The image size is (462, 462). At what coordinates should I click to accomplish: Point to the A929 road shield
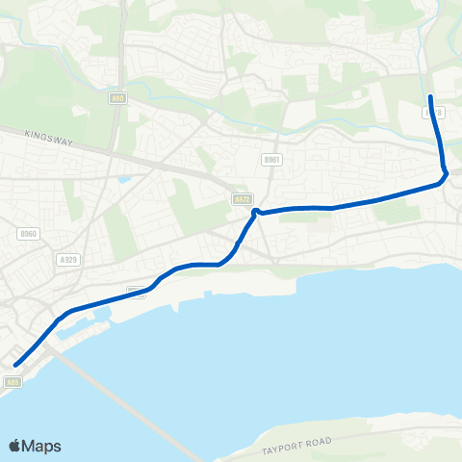(67, 259)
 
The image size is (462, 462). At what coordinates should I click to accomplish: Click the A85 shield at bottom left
(12, 382)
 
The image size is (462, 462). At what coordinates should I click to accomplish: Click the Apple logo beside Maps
(15, 446)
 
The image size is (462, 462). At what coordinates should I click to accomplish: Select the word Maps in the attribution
(43, 446)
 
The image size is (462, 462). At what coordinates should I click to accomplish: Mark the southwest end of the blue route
(16, 364)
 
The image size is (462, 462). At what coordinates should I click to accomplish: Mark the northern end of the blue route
(429, 97)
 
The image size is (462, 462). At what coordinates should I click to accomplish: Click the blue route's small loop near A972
(255, 212)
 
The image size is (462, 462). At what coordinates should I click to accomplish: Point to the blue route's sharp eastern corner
(445, 175)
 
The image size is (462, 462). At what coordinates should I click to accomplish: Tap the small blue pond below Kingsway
(122, 179)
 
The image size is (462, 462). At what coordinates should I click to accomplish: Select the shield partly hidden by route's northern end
(433, 113)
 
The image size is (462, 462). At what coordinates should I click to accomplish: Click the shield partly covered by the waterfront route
(136, 292)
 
